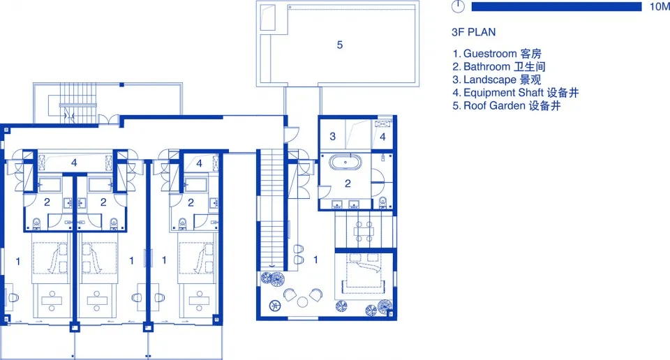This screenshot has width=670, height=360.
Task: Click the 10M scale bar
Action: [x=556, y=6]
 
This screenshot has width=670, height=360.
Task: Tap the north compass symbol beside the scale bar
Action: [x=458, y=6]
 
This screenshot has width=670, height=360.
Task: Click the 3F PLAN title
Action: [x=473, y=32]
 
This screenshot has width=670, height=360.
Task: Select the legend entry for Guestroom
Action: [x=497, y=54]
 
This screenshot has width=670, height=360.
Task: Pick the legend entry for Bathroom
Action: [x=498, y=66]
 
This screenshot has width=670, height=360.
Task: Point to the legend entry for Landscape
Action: [x=496, y=80]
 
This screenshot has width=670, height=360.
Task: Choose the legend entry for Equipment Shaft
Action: [x=515, y=93]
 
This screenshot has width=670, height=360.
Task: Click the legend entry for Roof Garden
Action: [x=507, y=105]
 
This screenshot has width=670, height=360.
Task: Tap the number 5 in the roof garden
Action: [x=340, y=45]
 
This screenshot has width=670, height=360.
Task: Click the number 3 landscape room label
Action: [x=332, y=136]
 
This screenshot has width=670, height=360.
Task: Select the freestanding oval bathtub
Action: [x=345, y=163]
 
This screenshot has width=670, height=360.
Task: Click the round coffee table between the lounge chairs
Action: [x=302, y=302]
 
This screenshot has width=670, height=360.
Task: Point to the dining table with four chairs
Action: [x=364, y=231]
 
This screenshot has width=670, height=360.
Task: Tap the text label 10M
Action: [x=660, y=6]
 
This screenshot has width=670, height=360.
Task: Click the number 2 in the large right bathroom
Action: [x=348, y=183]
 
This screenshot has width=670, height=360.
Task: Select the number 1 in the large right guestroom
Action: [x=315, y=260]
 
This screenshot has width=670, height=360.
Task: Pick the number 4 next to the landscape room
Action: [x=382, y=137]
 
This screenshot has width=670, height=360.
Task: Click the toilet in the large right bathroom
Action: [x=383, y=202]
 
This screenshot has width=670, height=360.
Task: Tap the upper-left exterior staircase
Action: [x=77, y=103]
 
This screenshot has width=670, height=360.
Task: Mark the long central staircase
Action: [x=272, y=209]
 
